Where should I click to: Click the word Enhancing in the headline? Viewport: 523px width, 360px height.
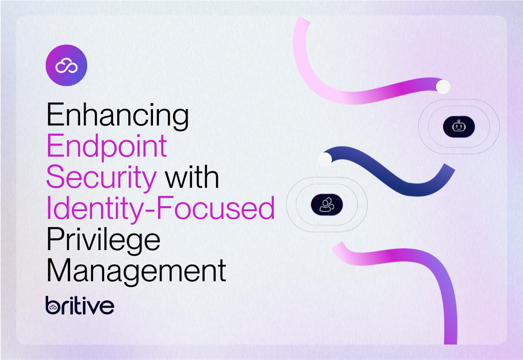[117, 115]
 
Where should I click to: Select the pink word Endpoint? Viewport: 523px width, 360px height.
[107, 147]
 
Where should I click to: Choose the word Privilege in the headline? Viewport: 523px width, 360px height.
[104, 240]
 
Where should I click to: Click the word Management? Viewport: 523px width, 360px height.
[136, 270]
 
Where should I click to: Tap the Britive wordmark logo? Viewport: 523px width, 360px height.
[80, 305]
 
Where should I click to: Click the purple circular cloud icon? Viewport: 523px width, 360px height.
[66, 65]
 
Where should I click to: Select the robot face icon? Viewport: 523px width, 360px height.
[459, 127]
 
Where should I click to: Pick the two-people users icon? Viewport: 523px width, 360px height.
[327, 204]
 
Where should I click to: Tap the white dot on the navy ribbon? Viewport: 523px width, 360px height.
[324, 159]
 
